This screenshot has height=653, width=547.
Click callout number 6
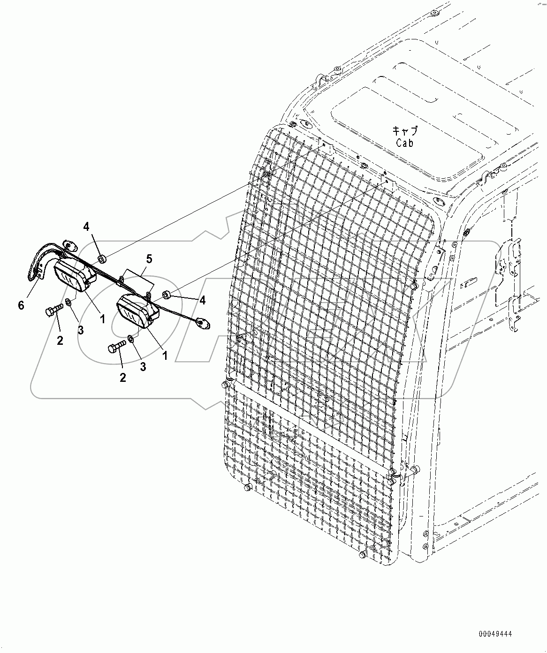(x=21, y=305)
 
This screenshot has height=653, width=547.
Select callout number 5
(x=149, y=258)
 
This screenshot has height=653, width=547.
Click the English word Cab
(x=404, y=143)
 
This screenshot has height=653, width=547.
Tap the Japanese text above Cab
(x=404, y=131)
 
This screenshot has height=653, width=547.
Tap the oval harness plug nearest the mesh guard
(x=203, y=322)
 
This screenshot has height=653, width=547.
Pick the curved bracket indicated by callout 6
(x=41, y=263)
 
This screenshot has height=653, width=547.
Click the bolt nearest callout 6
(x=54, y=310)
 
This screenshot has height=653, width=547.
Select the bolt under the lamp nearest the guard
(x=116, y=348)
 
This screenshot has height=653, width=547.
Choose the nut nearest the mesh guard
(x=167, y=295)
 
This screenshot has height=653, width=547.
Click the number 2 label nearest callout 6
(x=60, y=341)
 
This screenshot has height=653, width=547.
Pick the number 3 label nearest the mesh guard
(x=143, y=367)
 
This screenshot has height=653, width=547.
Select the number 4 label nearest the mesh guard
(x=202, y=300)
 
